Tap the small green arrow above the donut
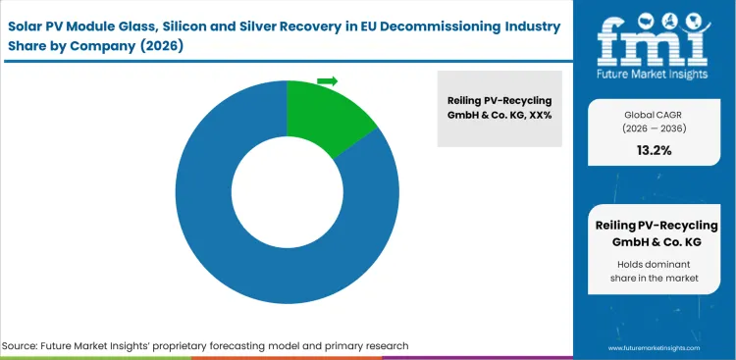click(328, 80)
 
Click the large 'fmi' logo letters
click(654, 38)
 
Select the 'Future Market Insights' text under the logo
click(654, 74)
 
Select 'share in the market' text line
click(654, 280)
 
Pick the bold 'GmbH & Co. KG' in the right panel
click(654, 242)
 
